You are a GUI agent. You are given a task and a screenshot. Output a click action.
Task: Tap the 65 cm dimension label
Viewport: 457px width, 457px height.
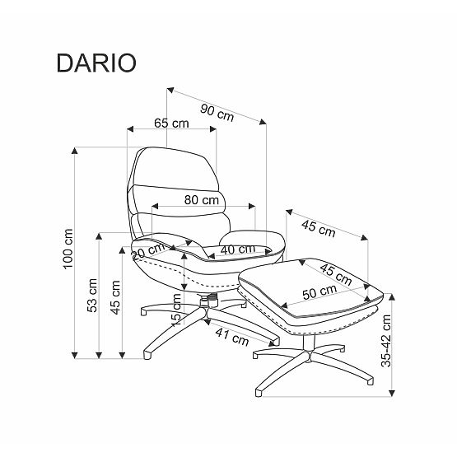171,124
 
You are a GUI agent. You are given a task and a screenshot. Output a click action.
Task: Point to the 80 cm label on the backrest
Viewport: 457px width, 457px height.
202,199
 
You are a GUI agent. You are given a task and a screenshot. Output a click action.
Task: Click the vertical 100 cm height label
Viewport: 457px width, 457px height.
69,247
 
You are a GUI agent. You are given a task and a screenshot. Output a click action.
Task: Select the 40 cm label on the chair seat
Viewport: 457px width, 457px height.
236,249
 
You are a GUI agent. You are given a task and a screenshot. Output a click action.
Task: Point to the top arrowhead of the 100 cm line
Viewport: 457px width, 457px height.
76,148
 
